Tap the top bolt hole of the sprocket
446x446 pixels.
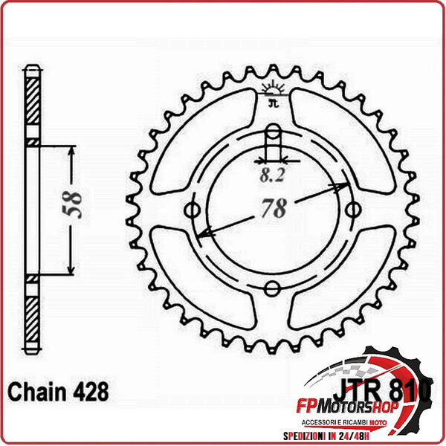(274, 135)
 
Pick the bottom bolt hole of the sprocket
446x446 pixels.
(273, 288)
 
